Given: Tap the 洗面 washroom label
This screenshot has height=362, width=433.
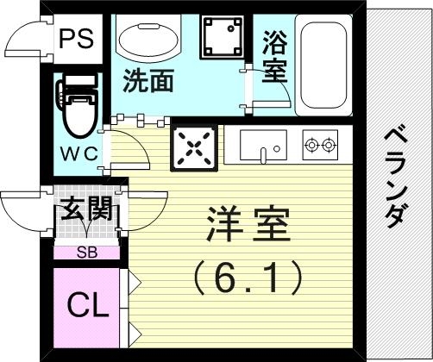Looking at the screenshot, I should (147, 81).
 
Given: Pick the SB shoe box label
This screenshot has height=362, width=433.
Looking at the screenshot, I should (87, 253).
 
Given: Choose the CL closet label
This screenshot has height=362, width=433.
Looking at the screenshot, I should (88, 305).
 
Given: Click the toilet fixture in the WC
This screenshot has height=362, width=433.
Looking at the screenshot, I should (76, 103).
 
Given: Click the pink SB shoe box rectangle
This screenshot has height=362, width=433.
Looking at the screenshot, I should (87, 253).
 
